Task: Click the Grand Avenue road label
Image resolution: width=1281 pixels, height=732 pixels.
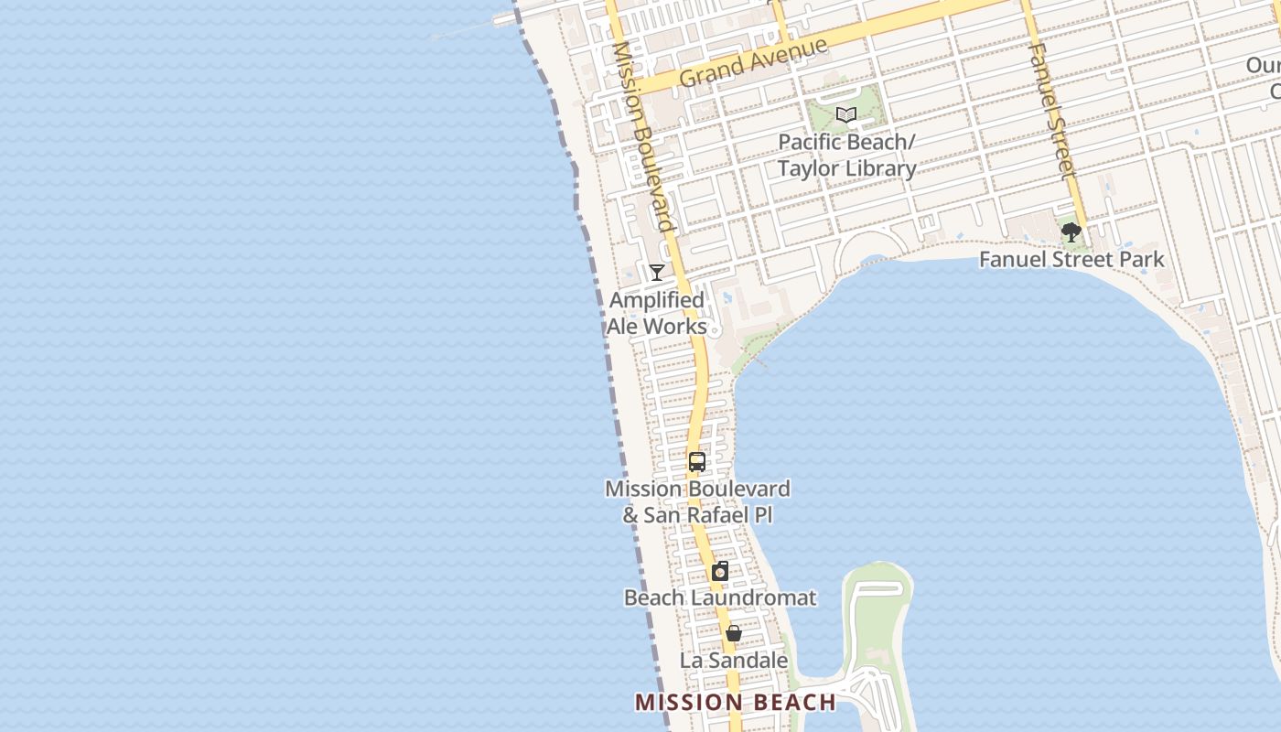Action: click(x=753, y=62)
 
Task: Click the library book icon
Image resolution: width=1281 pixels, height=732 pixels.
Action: click(x=846, y=115)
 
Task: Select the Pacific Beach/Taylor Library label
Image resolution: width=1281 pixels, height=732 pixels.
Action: click(x=846, y=156)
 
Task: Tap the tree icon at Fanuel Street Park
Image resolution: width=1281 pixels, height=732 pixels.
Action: click(x=1071, y=232)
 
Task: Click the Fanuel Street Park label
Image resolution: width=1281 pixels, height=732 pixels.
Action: click(x=1071, y=259)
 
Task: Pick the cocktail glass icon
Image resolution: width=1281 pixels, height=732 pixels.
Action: click(x=657, y=272)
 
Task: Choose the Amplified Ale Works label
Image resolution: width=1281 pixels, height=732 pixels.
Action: click(x=657, y=313)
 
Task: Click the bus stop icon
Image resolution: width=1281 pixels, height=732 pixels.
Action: click(x=697, y=462)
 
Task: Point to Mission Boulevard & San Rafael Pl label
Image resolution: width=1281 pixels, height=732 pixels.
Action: click(x=697, y=501)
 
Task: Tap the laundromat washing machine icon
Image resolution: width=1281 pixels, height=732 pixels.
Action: click(x=720, y=572)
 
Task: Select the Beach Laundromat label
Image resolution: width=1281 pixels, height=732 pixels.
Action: click(x=720, y=597)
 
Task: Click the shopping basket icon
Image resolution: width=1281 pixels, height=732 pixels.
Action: click(x=733, y=633)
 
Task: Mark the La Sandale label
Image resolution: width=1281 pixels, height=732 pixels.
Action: click(x=733, y=660)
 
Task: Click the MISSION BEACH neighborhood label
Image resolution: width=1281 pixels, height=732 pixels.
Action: click(x=736, y=702)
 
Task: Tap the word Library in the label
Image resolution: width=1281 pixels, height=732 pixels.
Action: click(x=881, y=168)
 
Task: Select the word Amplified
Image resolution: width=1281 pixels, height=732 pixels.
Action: click(x=657, y=300)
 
